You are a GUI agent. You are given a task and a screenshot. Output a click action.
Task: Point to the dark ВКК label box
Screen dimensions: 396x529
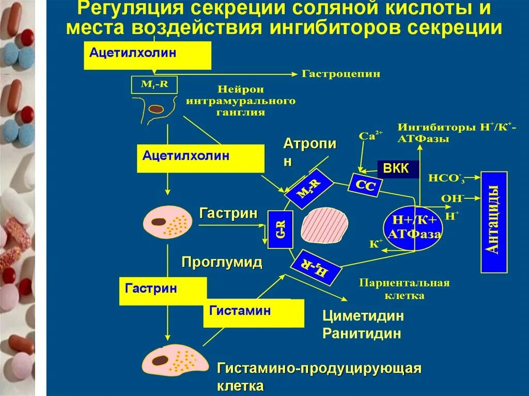(x=397, y=169)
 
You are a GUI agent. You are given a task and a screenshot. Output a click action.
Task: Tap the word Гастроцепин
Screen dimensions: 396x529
(x=341, y=74)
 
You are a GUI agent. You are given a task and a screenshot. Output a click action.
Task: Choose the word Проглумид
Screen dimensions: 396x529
(x=222, y=262)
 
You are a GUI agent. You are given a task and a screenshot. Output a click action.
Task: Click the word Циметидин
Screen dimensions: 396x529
(x=363, y=315)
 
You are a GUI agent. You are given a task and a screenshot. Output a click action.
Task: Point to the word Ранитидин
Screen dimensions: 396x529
(x=362, y=333)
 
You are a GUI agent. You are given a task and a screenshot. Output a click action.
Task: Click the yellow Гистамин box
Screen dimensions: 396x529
(x=254, y=313)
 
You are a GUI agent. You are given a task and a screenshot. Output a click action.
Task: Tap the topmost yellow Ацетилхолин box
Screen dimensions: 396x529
(x=147, y=55)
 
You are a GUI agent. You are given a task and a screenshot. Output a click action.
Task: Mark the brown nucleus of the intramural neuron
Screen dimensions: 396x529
(x=157, y=109)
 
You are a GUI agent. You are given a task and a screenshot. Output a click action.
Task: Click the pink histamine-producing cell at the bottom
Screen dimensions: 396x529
(x=175, y=362)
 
